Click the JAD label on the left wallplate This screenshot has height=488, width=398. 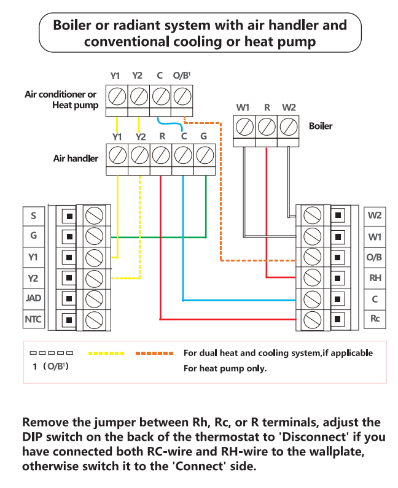pos(34,298)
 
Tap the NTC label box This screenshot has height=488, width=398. pos(34,319)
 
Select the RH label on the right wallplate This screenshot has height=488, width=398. pos(375,277)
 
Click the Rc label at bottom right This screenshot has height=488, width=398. pos(375,319)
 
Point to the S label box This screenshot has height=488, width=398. pos(34,216)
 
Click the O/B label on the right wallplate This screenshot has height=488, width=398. pos(375,257)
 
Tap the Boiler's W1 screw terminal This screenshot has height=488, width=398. pos(244,127)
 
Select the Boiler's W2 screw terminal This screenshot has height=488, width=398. pos(289,127)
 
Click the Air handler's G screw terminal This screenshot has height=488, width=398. pos(205,155)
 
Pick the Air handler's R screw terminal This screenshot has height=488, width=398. pos(161,155)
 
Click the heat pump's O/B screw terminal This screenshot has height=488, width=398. pos(182,96)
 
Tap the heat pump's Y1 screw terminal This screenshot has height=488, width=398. pos(117,96)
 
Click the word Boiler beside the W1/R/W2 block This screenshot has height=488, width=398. pos(321,126)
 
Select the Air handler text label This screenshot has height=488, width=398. pos(76,158)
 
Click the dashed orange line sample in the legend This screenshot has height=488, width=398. pos(154,353)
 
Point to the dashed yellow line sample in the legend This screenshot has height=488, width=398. pos(106,353)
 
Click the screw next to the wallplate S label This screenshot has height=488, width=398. pos(94,215)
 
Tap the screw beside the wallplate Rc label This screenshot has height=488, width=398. pos(312,319)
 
